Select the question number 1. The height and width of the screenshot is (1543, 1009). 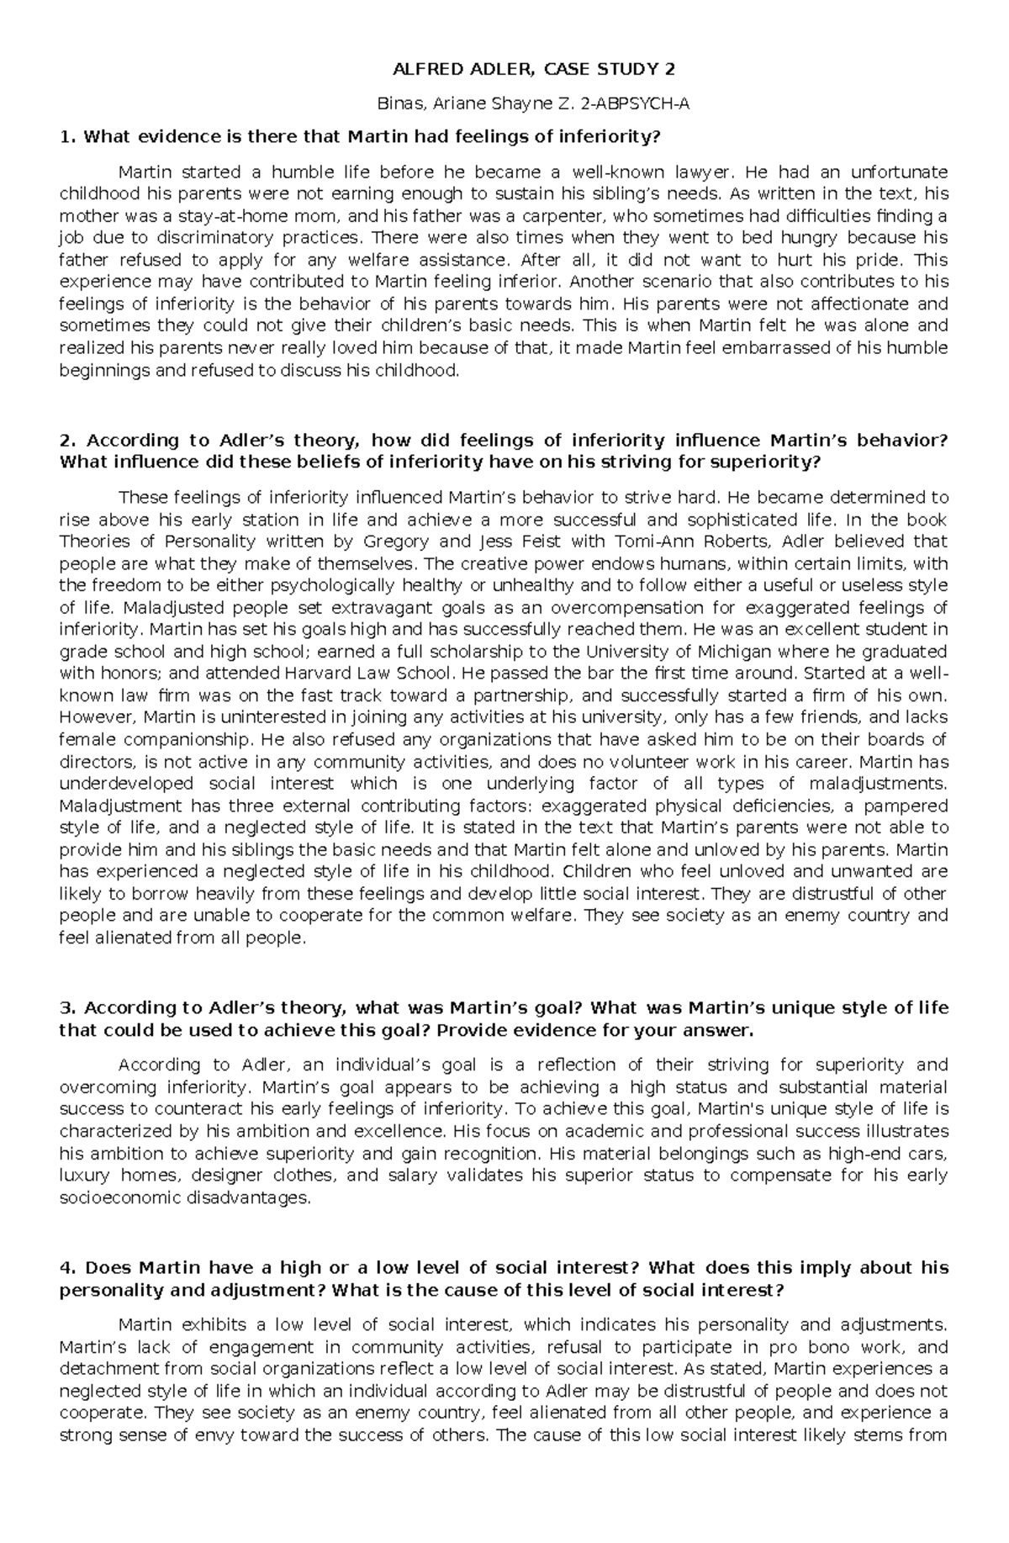pos(66,137)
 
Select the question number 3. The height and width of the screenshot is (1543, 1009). pos(66,1007)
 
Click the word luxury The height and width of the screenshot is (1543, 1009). pos(84,1175)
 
